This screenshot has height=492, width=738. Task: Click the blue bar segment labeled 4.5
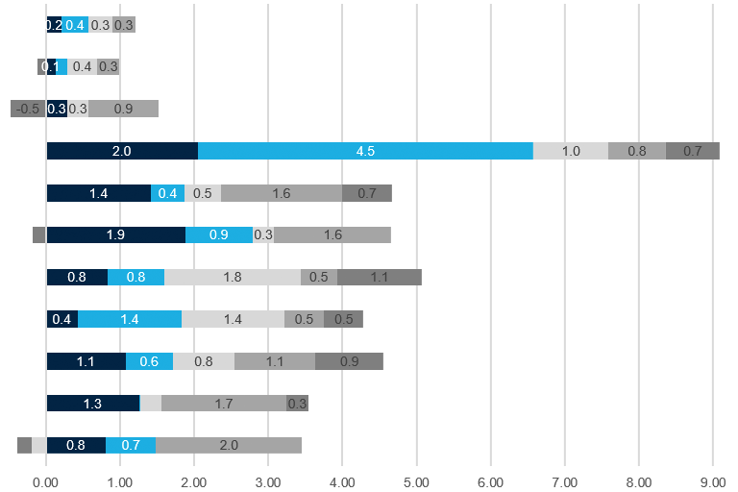click(365, 151)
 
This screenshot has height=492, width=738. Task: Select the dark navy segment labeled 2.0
click(122, 151)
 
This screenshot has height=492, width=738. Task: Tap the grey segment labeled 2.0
click(229, 445)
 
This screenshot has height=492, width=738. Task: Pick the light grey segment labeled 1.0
click(571, 151)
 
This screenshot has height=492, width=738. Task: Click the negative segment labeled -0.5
click(28, 109)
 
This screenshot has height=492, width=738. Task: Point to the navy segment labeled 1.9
click(115, 234)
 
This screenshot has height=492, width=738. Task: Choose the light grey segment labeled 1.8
click(233, 277)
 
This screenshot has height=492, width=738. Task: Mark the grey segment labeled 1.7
click(224, 404)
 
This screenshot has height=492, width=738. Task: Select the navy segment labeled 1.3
click(93, 404)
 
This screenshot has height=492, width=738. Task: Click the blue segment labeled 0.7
click(131, 445)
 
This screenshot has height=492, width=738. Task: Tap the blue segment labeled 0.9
click(219, 234)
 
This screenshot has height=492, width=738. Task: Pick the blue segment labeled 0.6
click(149, 361)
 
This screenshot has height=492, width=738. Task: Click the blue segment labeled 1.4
click(130, 319)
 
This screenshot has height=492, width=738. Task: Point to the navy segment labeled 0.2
click(54, 25)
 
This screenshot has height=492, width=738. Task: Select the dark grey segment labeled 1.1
click(380, 277)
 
